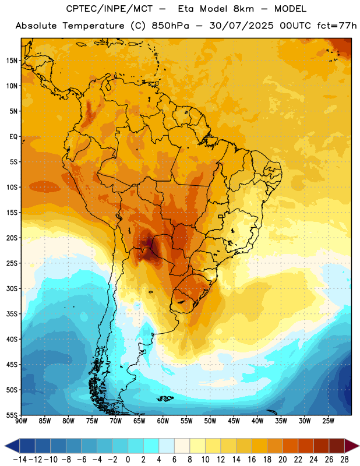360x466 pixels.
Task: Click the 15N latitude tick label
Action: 12,61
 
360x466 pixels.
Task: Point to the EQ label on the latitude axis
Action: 13,137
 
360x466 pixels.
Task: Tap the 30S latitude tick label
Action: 12,288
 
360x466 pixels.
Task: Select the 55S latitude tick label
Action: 12,415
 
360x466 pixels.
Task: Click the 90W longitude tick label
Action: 21,421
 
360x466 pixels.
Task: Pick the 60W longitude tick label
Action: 163,421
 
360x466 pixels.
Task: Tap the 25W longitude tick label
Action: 328,421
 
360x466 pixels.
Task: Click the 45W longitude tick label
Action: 234,421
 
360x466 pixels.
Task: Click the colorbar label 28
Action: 344,460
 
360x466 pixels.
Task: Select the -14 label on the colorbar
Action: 20,460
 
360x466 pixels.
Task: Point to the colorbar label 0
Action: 128,460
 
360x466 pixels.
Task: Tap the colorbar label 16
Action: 252,460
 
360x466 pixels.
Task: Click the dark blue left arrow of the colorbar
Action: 12,446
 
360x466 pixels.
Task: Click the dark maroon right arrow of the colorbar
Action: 352,446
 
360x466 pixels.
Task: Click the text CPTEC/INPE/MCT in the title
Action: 110,9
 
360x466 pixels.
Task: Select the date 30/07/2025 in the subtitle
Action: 241,26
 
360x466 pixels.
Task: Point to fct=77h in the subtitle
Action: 337,26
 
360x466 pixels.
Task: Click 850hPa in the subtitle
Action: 170,26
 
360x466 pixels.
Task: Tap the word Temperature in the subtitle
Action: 94,26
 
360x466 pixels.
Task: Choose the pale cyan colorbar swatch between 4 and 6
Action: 167,446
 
